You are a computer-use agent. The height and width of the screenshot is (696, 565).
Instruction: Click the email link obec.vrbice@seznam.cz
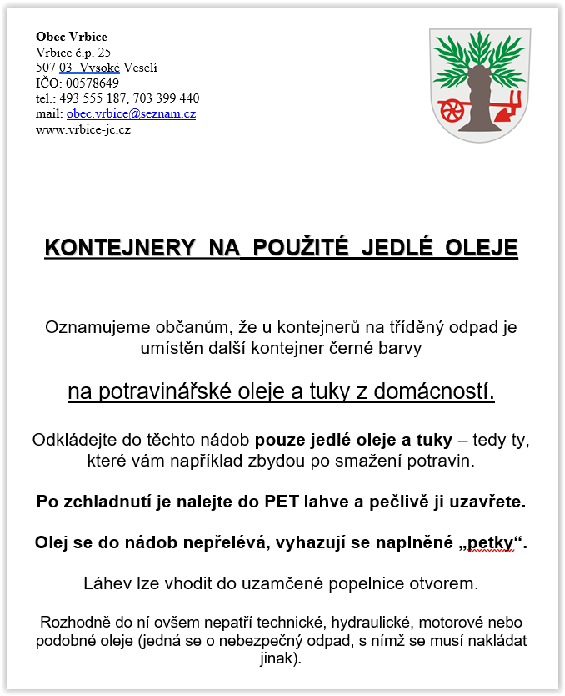click(131, 113)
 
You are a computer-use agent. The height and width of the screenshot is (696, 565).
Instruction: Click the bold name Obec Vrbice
click(72, 37)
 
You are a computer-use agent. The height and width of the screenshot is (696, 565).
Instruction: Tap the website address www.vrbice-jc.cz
click(83, 129)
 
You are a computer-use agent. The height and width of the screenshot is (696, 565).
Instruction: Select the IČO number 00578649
click(92, 83)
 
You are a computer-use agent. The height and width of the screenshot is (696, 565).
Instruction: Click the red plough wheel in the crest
click(451, 108)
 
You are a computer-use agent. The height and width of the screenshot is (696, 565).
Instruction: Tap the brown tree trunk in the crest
click(477, 100)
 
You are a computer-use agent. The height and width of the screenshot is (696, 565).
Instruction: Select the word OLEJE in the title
click(482, 248)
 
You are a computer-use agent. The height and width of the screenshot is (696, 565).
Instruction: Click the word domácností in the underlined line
click(434, 392)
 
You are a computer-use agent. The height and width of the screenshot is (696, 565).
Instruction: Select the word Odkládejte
click(72, 440)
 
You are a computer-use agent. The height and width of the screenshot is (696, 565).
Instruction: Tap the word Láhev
click(106, 583)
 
